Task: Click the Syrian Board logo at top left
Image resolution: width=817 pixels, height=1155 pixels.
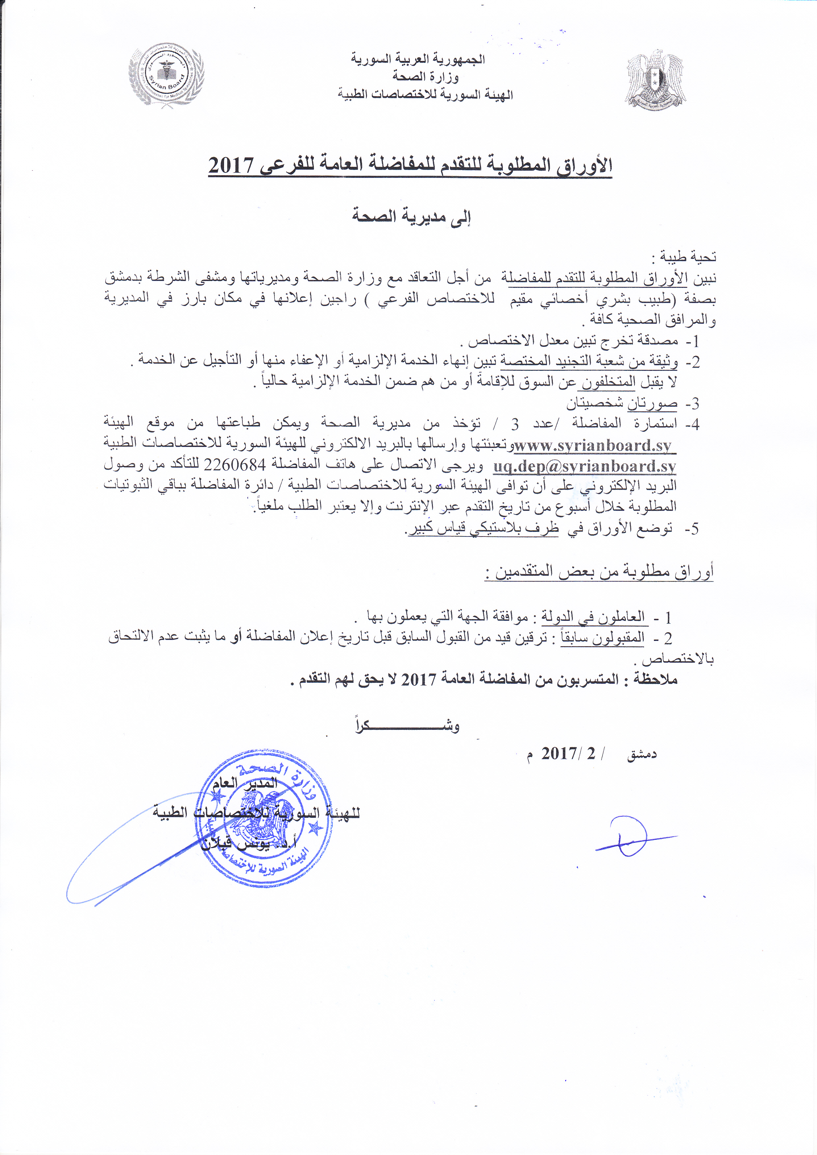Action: click(x=166, y=75)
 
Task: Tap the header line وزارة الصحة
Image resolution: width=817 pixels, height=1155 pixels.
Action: click(x=426, y=76)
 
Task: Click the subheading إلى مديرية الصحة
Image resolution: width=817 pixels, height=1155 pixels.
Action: click(x=411, y=216)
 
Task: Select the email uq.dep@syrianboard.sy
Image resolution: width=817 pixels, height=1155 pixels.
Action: click(x=584, y=466)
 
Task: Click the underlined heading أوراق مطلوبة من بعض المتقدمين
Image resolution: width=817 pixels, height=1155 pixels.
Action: click(x=599, y=572)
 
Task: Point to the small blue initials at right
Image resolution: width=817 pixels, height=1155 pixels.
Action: click(x=629, y=836)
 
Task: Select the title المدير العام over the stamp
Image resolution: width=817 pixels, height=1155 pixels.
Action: click(x=244, y=783)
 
